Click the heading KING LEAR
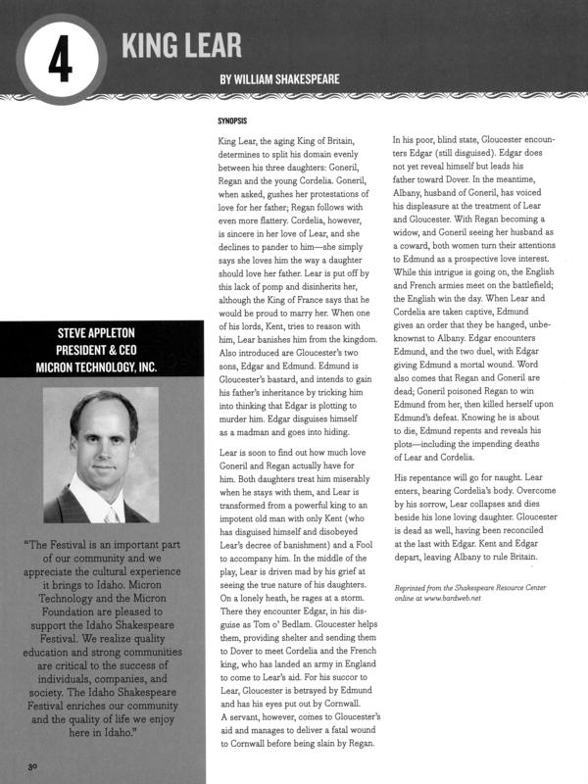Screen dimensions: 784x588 coord(182,42)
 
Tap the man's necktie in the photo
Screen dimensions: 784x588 coord(109,512)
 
